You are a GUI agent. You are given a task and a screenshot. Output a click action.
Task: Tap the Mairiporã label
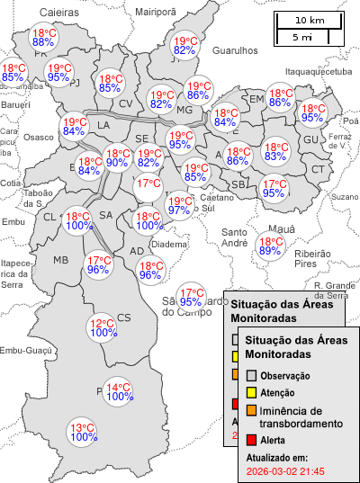[x=155, y=12]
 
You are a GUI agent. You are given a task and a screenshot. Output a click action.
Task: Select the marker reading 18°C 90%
[x=117, y=157]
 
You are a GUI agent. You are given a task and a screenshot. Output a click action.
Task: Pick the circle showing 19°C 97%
[x=179, y=205]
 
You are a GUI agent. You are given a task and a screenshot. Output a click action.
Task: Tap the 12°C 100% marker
[x=103, y=327]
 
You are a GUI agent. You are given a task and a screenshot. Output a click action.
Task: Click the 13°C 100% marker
[x=83, y=432]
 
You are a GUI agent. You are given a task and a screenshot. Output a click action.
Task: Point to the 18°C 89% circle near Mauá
[x=270, y=246]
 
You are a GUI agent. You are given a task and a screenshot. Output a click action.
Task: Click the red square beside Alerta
[x=252, y=440]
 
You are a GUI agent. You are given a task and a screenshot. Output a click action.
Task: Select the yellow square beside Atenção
[x=252, y=393]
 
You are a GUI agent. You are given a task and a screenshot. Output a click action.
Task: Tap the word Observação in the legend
[x=285, y=375]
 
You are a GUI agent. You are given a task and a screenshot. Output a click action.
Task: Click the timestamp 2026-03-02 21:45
[x=284, y=471]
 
